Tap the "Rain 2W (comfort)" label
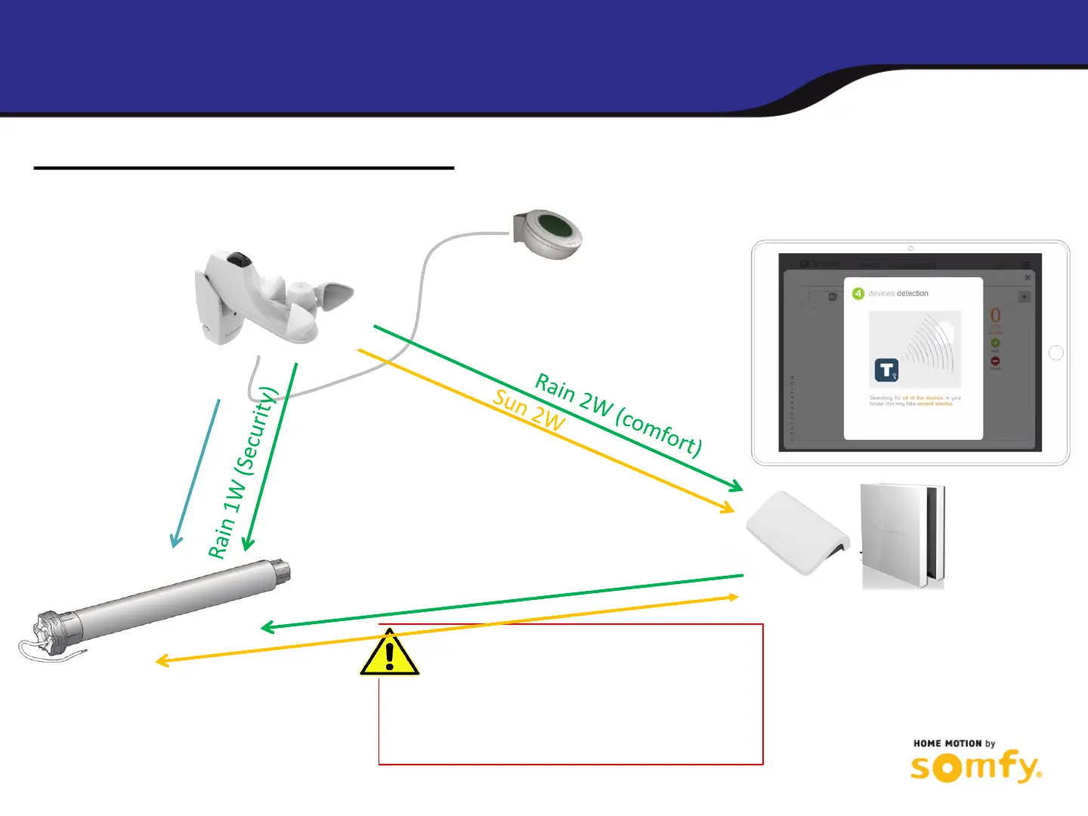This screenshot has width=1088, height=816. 618,415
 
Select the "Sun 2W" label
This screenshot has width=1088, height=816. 529,411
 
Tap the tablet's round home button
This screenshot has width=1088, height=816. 1056,353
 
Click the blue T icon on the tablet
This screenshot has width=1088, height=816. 886,370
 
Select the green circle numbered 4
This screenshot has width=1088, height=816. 858,293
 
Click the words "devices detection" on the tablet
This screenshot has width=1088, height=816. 898,293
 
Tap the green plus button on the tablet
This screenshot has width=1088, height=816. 995,344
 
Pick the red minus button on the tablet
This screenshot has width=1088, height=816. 995,361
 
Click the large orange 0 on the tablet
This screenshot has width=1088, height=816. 995,316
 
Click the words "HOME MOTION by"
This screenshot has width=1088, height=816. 954,743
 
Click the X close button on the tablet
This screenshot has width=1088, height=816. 1028,278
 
